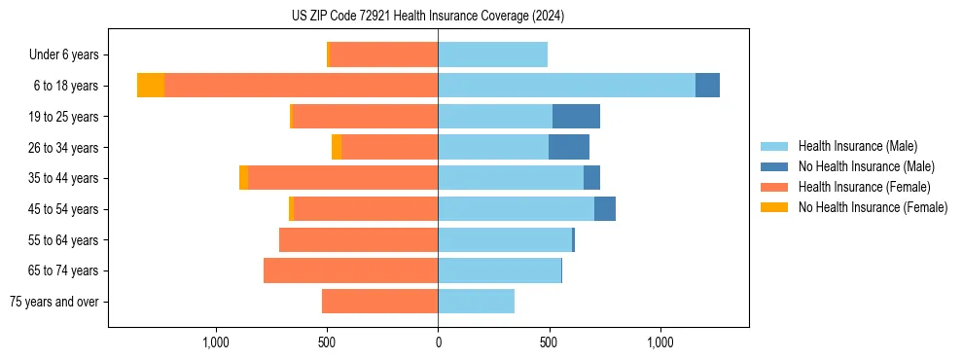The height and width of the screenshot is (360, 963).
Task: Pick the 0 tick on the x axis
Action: (438, 342)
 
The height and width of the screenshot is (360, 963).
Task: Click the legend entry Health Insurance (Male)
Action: (857, 146)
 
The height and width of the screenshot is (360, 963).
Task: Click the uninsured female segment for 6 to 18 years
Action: (151, 86)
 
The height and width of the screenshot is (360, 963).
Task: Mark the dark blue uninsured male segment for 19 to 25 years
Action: (576, 117)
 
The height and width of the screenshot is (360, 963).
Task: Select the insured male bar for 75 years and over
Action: (476, 302)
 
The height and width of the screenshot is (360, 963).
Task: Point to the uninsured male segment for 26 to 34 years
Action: (569, 147)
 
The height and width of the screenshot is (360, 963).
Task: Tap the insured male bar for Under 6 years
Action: (492, 54)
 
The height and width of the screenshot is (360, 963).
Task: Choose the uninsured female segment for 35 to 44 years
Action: (243, 178)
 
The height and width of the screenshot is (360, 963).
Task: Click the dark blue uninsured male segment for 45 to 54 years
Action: (605, 209)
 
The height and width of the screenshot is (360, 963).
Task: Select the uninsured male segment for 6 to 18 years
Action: (707, 86)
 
